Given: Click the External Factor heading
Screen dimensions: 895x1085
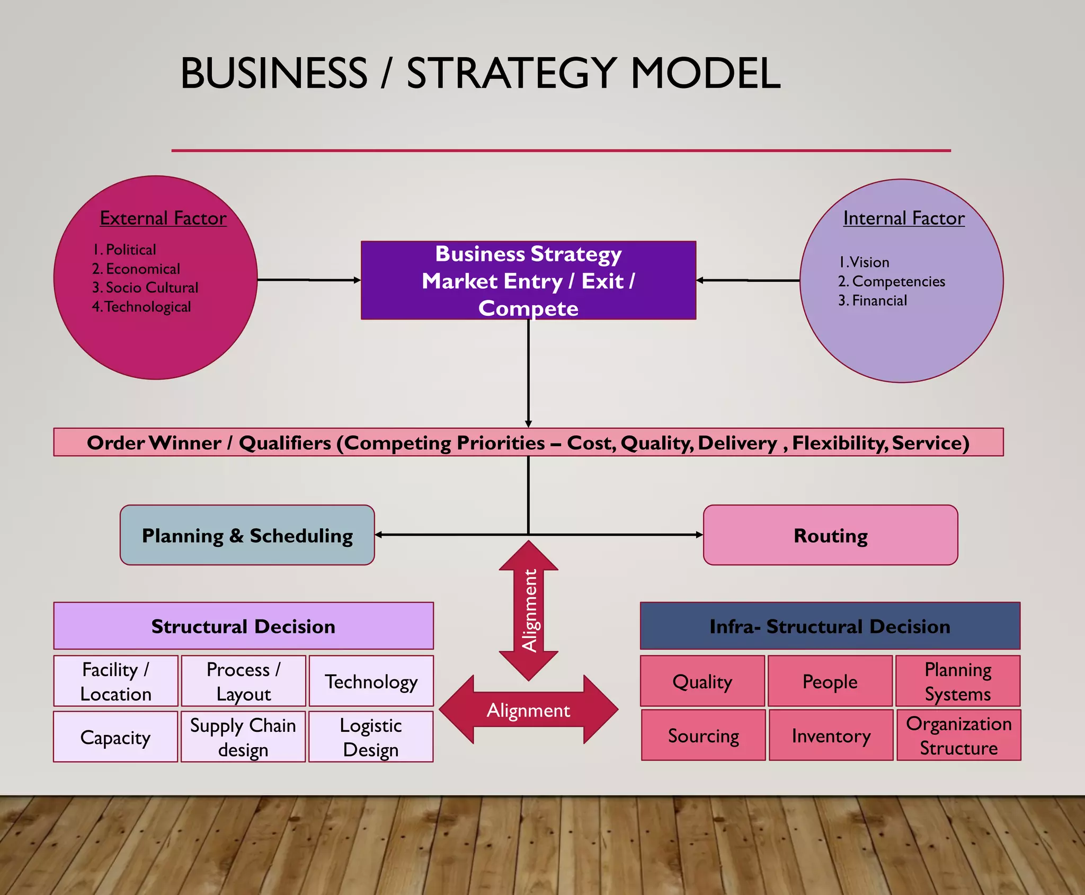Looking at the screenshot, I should [x=163, y=218].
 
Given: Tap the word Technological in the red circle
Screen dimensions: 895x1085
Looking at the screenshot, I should [x=148, y=307].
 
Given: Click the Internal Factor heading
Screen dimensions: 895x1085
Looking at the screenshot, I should [x=903, y=218].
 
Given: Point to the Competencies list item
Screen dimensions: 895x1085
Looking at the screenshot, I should [x=898, y=281].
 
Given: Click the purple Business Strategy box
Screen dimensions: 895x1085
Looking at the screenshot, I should [x=528, y=280].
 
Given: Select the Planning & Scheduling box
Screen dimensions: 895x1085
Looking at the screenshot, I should [x=247, y=535].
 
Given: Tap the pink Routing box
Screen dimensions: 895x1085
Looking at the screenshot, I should [x=830, y=535].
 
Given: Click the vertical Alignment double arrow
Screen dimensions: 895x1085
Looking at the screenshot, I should [x=529, y=610].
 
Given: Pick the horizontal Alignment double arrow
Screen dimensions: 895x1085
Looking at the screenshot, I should [x=528, y=710].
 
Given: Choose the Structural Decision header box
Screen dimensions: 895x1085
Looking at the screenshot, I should [x=243, y=626].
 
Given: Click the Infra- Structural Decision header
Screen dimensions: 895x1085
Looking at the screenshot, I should [x=830, y=626].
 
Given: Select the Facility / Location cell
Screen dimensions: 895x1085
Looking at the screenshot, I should [x=115, y=681].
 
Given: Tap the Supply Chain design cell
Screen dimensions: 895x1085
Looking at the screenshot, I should [x=243, y=737].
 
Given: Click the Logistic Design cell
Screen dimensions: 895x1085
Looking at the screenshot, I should [x=371, y=737].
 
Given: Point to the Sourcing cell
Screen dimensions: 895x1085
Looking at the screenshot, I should [x=703, y=736].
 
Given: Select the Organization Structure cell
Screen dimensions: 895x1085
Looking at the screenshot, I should [x=958, y=736].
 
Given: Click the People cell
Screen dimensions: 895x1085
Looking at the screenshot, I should [x=830, y=681].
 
